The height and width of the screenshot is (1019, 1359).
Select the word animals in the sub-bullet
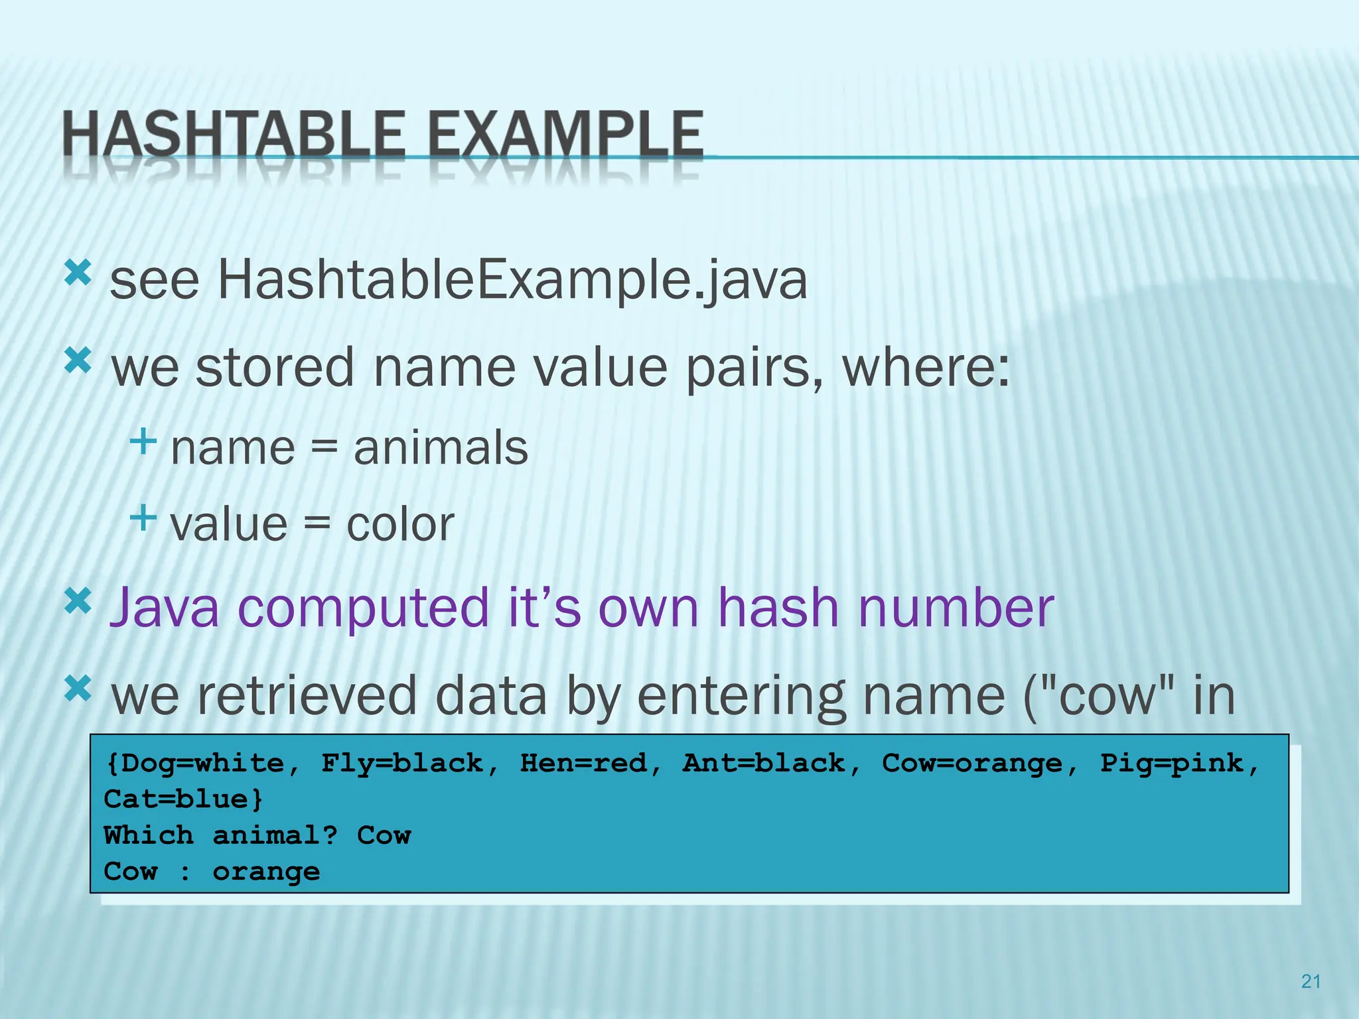(x=441, y=448)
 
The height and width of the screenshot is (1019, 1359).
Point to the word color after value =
(x=400, y=525)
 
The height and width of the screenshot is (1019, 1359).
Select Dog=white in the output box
(x=195, y=764)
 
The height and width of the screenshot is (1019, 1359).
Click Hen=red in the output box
(x=583, y=764)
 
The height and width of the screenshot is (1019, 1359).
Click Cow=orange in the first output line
(x=971, y=764)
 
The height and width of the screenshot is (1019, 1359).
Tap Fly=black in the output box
(x=402, y=764)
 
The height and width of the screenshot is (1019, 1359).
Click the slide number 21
(x=1311, y=981)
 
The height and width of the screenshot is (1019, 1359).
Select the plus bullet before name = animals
(x=143, y=441)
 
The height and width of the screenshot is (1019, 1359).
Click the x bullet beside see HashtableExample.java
(x=78, y=273)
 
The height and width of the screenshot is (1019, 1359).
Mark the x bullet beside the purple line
(x=78, y=601)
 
